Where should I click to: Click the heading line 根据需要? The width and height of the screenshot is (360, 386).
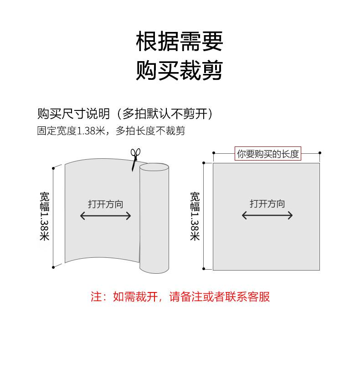[x=180, y=42]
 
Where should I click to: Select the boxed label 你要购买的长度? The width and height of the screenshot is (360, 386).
[x=268, y=154]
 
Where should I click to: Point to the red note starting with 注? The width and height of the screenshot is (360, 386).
[x=180, y=297]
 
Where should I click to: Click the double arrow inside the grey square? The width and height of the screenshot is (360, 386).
[x=267, y=215]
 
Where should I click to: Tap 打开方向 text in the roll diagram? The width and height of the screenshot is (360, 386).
[x=106, y=204]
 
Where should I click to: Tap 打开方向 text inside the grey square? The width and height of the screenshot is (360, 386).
[x=267, y=203]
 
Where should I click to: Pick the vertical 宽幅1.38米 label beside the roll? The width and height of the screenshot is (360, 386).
[x=45, y=216]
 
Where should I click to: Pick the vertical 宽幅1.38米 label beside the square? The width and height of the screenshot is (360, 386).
[x=195, y=216]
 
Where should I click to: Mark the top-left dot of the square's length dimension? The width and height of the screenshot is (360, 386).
[x=213, y=152]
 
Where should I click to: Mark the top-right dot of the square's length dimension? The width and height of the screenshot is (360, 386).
[x=320, y=152]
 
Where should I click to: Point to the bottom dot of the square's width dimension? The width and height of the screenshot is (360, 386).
[x=204, y=269]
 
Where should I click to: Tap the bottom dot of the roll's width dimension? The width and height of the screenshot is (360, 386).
[x=53, y=266]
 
